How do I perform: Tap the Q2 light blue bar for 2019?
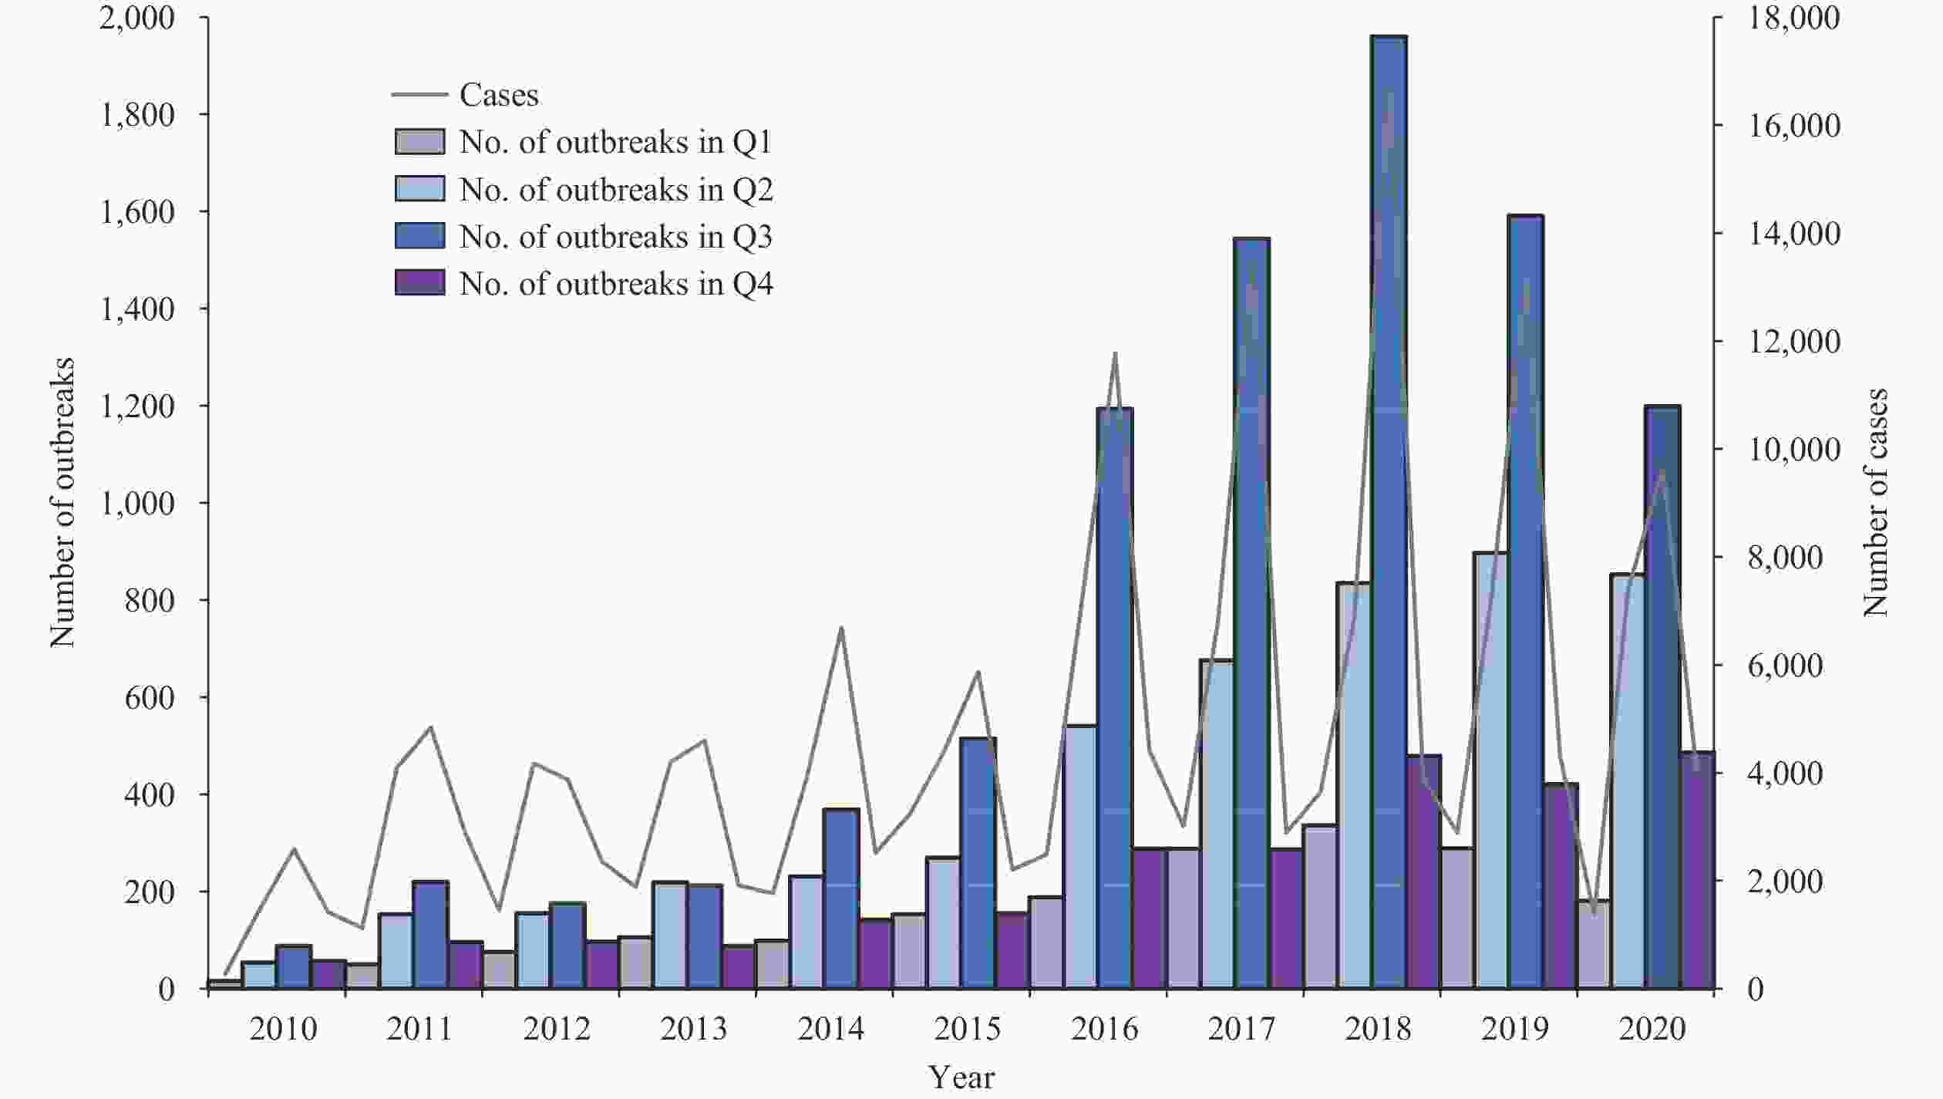(x=1490, y=771)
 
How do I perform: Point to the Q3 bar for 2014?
(x=841, y=898)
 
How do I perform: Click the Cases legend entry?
(x=498, y=95)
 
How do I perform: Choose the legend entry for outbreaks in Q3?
(x=615, y=237)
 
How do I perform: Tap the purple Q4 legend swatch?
(x=420, y=283)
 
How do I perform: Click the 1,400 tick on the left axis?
(x=137, y=309)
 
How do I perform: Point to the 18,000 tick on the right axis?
(x=1793, y=19)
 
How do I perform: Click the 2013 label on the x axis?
(x=693, y=1029)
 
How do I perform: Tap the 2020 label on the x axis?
(x=1652, y=1029)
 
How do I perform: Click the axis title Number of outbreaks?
(x=62, y=502)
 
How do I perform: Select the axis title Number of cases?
(x=1876, y=502)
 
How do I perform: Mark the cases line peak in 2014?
(x=841, y=629)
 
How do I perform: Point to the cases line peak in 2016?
(x=1115, y=353)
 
